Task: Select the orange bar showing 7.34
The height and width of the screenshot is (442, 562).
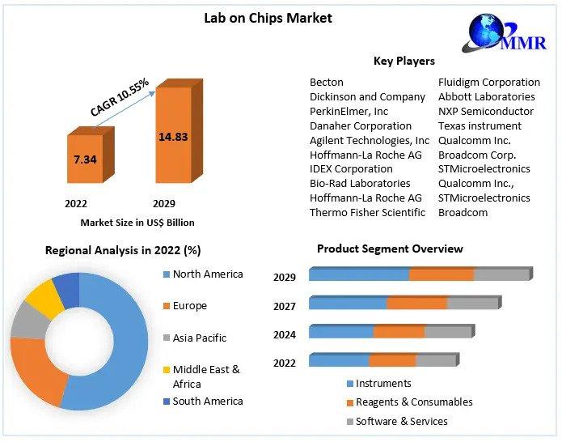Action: pos(85,159)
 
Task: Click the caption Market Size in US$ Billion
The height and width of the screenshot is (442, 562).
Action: pos(137,222)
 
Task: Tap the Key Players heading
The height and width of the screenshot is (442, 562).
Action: pos(404,61)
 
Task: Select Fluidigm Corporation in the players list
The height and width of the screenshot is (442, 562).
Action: pos(488,82)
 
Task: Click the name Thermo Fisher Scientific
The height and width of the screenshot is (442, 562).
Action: pos(367,212)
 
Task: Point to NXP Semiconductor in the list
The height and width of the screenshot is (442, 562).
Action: pos(485,111)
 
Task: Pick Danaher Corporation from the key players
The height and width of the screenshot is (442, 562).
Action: pos(361,125)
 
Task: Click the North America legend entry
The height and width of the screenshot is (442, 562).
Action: pos(207,274)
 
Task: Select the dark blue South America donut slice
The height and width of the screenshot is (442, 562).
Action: pos(67,289)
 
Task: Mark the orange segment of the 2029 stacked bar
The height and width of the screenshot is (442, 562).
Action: pos(441,274)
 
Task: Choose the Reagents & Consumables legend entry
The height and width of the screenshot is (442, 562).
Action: pos(414,402)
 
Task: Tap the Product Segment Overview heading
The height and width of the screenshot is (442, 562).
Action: pos(390,249)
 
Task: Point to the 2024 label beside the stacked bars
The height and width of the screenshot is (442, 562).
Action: pos(284,334)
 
